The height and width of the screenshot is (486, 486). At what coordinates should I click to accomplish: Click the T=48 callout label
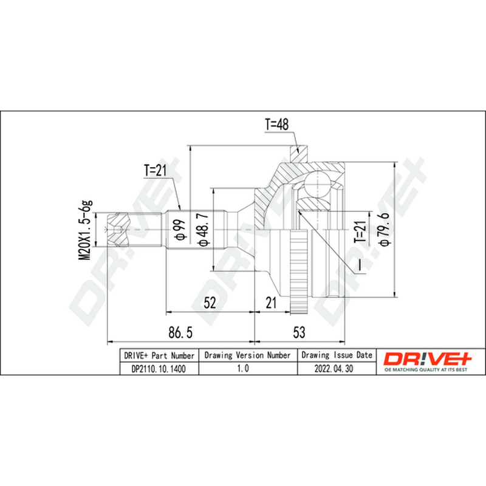[276, 125]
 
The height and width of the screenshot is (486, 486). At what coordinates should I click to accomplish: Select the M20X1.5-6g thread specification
[85, 230]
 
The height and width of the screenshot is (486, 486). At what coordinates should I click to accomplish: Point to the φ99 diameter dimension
[180, 230]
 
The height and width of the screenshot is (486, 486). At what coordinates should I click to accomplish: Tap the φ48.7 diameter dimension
[204, 230]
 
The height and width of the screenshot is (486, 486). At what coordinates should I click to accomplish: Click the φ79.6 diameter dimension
[385, 230]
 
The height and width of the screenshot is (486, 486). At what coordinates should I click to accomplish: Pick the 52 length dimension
[210, 303]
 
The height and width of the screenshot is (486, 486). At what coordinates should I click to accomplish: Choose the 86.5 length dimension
[180, 332]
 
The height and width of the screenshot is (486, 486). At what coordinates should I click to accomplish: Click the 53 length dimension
[299, 332]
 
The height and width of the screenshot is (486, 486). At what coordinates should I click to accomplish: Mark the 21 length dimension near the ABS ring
[271, 303]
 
